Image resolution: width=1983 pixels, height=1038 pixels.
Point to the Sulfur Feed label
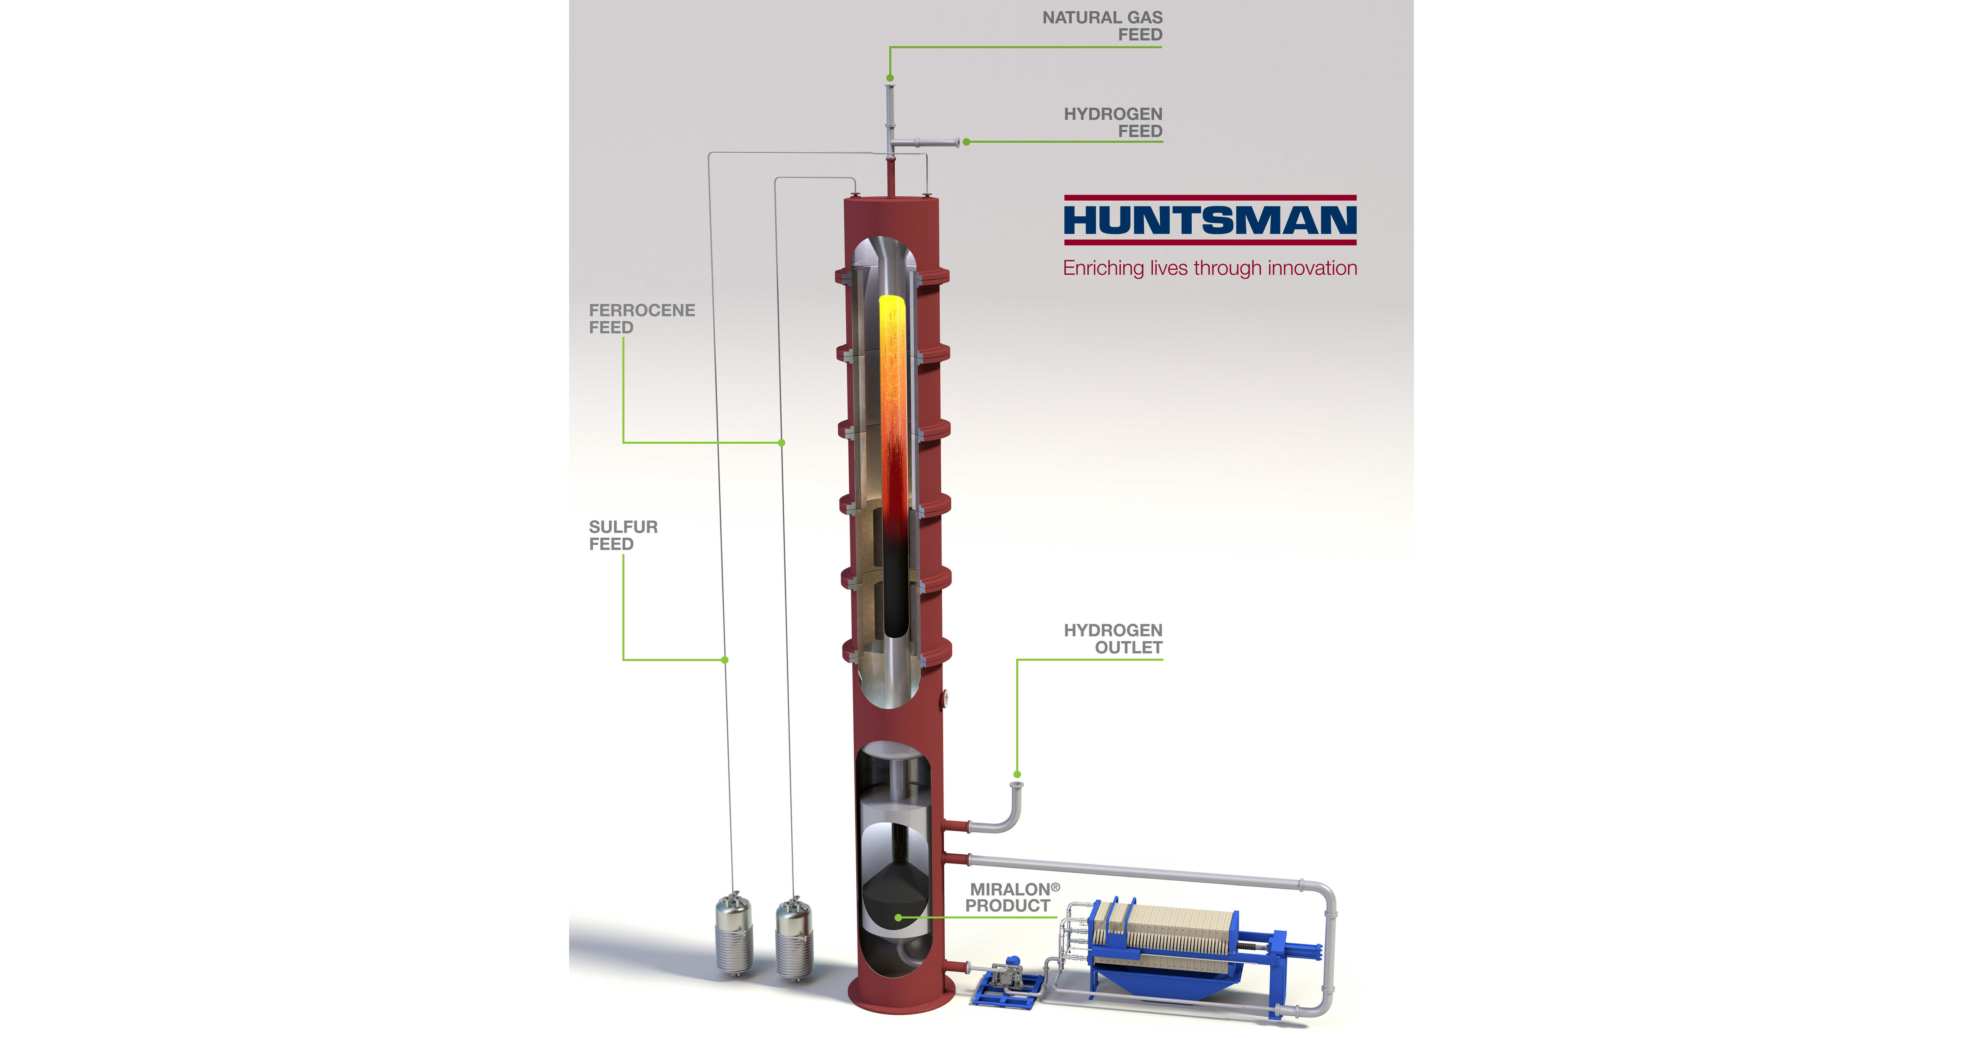point(623,535)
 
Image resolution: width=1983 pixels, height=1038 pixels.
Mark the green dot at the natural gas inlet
point(890,78)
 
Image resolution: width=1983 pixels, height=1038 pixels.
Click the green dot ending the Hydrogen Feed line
point(966,142)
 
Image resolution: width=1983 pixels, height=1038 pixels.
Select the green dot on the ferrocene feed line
point(781,443)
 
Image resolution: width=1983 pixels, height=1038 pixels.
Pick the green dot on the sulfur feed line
point(724,660)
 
